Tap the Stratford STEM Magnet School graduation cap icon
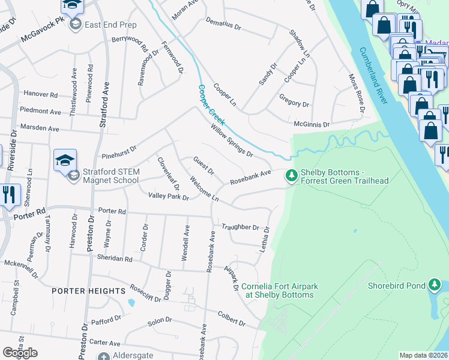(65, 159)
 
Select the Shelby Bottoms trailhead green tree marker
(291, 175)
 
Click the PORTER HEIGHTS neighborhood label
(88, 290)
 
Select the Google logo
(20, 353)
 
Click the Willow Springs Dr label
(232, 140)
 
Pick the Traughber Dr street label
(240, 227)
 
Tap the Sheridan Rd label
(115, 259)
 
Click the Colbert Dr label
(232, 322)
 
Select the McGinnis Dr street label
(312, 125)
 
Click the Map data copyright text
(423, 355)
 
